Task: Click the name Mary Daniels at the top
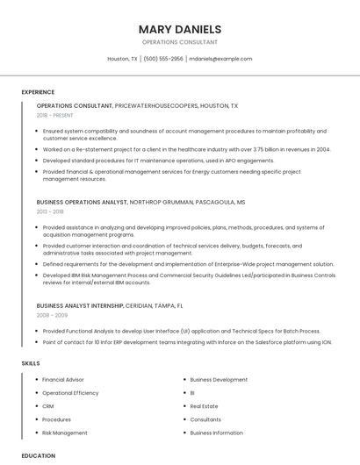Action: pyautogui.click(x=179, y=29)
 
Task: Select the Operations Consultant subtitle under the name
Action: pyautogui.click(x=179, y=42)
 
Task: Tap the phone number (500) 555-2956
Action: pyautogui.click(x=163, y=59)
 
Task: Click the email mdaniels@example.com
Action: pyautogui.click(x=220, y=59)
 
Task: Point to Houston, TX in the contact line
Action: pyautogui.click(x=122, y=59)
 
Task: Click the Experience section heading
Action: pyautogui.click(x=38, y=92)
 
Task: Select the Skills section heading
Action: pyautogui.click(x=31, y=362)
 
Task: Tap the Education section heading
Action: pyautogui.click(x=39, y=455)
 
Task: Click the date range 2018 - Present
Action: pyautogui.click(x=54, y=115)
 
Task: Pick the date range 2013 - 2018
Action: pyautogui.click(x=50, y=211)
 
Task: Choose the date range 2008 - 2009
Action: pyautogui.click(x=51, y=315)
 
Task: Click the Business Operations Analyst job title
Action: pyautogui.click(x=82, y=202)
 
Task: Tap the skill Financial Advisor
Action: pyautogui.click(x=63, y=380)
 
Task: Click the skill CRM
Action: pyautogui.click(x=48, y=406)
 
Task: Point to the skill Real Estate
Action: pyautogui.click(x=204, y=406)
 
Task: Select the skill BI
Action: pyautogui.click(x=192, y=393)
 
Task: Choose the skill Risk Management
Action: pyautogui.click(x=65, y=433)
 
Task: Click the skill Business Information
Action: pyautogui.click(x=216, y=433)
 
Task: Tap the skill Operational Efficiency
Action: pyautogui.click(x=70, y=393)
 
